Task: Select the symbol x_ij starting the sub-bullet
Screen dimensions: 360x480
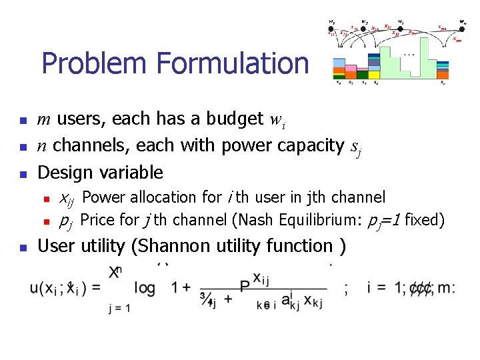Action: point(67,198)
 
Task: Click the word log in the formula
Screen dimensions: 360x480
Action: point(145,287)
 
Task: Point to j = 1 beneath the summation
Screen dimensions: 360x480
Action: point(119,309)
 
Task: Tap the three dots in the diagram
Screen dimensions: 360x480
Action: point(408,53)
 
